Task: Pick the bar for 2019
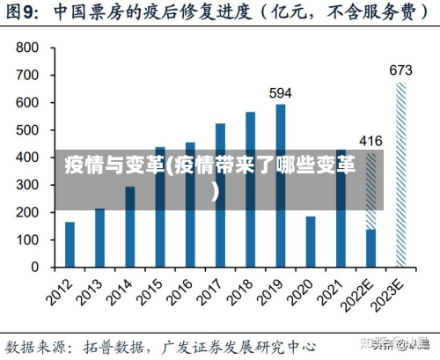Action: (280, 186)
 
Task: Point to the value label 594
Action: (280, 92)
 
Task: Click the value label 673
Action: (401, 70)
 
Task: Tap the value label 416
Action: (370, 141)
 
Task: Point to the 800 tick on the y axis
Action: (27, 48)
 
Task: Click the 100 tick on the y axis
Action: (27, 239)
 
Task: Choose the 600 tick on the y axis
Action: (27, 102)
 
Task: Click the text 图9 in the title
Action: (24, 12)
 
